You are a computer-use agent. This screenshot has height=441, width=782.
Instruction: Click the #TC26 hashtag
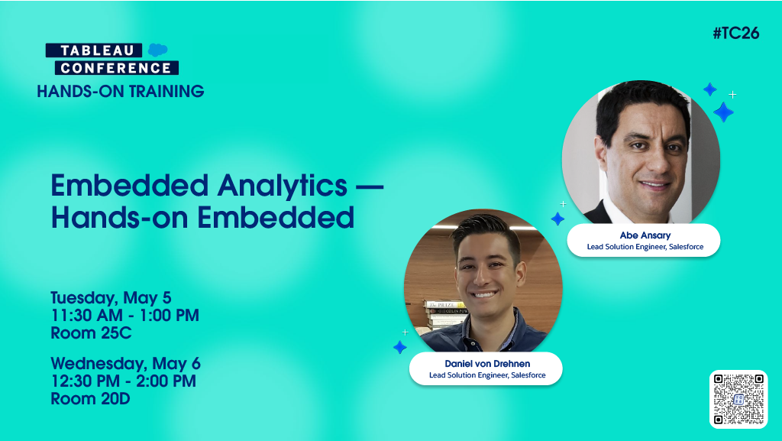coord(735,34)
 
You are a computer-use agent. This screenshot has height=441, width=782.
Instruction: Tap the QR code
coord(738,398)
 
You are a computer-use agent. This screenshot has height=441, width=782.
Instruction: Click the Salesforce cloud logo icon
coord(158,50)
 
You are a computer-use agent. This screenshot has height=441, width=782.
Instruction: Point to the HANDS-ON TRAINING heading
coord(120,92)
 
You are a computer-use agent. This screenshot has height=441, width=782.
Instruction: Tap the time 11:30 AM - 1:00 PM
coord(124,315)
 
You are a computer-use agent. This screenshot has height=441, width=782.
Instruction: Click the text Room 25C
coord(91,333)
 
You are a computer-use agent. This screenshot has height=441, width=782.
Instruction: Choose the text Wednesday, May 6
coord(125,363)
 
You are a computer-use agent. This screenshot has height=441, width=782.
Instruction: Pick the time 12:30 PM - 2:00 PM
coord(123,381)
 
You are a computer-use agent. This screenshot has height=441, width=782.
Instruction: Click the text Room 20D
coord(90,399)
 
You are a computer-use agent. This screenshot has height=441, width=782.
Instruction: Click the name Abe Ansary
coord(644,235)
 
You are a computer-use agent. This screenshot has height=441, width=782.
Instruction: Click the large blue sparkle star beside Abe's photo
coord(722,112)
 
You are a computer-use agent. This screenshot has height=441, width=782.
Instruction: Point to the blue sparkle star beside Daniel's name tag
coord(399,347)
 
